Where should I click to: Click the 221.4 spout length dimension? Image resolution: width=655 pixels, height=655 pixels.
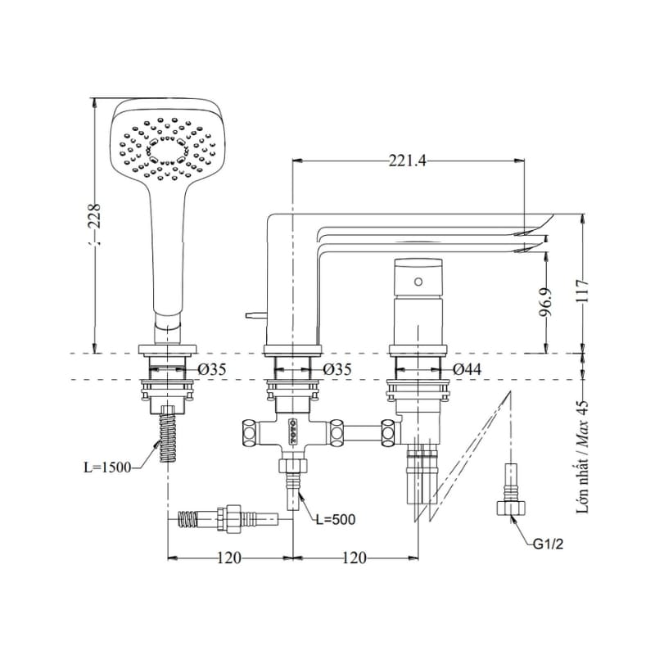tap(407, 160)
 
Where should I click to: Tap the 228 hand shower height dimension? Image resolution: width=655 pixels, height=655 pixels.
tap(96, 215)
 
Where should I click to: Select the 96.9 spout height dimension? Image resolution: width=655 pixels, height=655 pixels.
tap(545, 302)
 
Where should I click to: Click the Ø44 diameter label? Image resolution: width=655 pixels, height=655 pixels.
tap(467, 369)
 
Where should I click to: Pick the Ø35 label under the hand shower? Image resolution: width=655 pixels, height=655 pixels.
tap(212, 370)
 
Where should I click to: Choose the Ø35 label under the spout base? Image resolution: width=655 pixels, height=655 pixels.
tap(337, 370)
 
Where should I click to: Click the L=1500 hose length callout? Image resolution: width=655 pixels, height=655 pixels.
tap(108, 468)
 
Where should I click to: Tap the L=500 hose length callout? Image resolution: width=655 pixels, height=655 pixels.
tap(336, 520)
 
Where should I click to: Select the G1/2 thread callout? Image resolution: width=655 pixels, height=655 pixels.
tap(548, 544)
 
